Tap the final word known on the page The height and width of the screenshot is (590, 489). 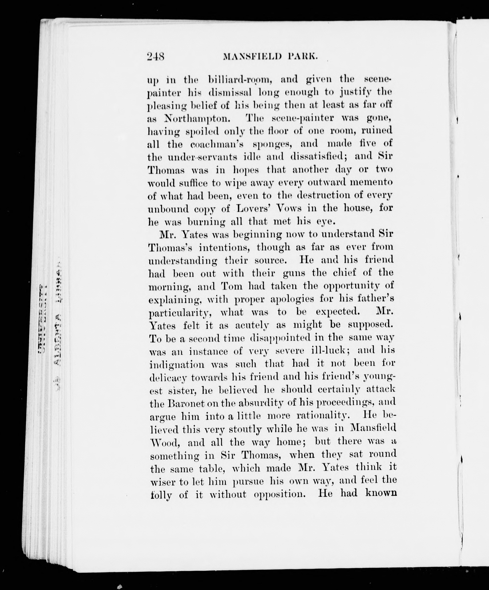pos(381,493)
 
